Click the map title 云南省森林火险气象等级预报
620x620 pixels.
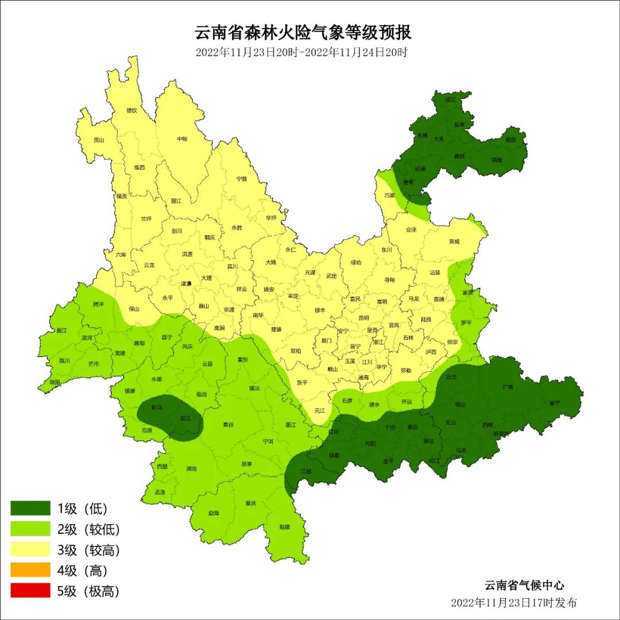coord(303,32)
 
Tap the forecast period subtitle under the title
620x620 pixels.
coord(301,52)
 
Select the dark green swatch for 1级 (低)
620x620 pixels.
coord(30,508)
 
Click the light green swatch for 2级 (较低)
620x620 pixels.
coord(30,529)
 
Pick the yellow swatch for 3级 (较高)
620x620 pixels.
coord(30,549)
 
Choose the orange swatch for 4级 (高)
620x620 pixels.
coord(30,570)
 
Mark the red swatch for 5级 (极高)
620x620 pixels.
coord(30,591)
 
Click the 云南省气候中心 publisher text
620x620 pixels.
coord(524,586)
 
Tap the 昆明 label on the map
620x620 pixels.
coord(363,317)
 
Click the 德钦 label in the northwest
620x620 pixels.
coord(131,110)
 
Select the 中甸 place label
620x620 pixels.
coord(182,139)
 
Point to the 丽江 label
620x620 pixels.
coord(176,201)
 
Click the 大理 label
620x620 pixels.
coord(206,278)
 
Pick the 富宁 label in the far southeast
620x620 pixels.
coord(554,402)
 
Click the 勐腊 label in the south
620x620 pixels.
coord(285,526)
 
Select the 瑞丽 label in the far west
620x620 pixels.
coord(55,382)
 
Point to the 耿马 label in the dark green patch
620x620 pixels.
coord(157,407)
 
